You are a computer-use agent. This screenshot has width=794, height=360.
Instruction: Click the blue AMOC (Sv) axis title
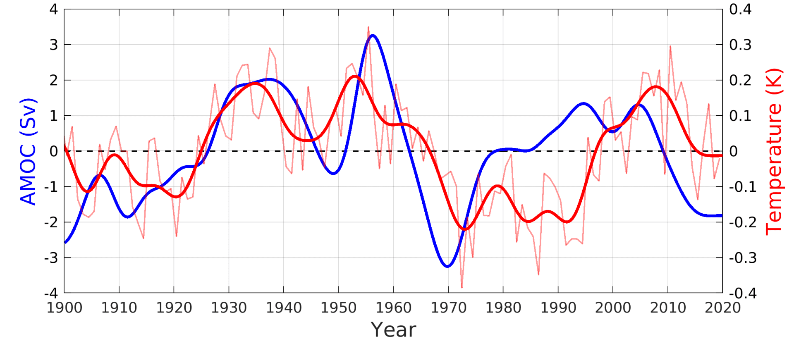(x=28, y=151)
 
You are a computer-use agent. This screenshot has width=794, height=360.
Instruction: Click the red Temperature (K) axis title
(x=774, y=151)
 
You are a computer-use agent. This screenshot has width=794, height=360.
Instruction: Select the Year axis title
(x=393, y=330)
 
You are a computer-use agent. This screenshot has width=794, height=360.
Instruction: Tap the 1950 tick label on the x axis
(x=338, y=308)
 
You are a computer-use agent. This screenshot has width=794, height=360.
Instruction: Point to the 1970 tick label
(x=448, y=308)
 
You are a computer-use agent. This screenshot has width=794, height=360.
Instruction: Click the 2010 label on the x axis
(x=667, y=308)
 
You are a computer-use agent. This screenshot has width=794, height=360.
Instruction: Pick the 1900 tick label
(x=64, y=308)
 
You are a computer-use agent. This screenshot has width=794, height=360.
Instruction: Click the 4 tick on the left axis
(x=54, y=9)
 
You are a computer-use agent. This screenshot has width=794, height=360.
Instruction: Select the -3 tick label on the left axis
(x=52, y=258)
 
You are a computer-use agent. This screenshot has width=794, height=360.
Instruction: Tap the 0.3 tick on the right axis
(x=740, y=45)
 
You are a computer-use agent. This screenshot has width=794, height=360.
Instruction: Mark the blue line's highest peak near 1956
(x=373, y=36)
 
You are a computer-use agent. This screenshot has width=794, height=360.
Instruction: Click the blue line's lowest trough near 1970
(x=447, y=267)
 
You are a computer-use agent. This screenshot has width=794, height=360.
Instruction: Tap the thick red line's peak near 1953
(x=355, y=76)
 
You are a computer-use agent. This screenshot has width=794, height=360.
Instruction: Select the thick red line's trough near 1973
(x=465, y=229)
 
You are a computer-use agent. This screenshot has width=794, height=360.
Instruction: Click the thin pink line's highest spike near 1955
(x=368, y=27)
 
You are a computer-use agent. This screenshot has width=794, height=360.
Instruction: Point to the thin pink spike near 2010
(x=670, y=46)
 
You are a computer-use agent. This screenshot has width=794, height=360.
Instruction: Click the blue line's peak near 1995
(x=583, y=103)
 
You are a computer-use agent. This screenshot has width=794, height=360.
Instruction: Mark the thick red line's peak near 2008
(x=656, y=86)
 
